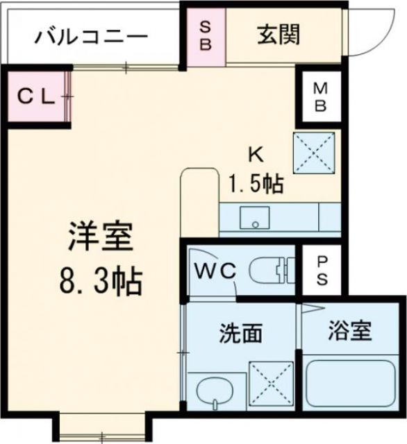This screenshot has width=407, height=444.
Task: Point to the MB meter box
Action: (319, 97)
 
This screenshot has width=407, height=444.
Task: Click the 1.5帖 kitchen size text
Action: (256, 183)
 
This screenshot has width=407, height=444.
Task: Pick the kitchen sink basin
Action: (256, 218)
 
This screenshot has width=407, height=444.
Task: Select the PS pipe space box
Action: (322, 271)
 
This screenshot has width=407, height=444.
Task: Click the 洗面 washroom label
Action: (241, 334)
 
